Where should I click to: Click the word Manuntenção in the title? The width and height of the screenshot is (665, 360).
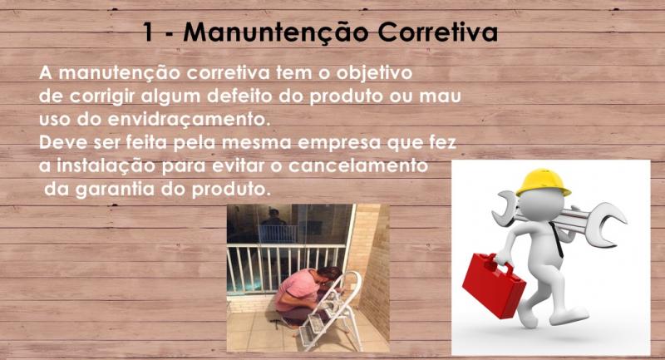[275, 32]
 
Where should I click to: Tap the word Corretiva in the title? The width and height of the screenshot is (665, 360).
[438, 32]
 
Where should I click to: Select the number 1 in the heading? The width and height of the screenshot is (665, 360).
[148, 32]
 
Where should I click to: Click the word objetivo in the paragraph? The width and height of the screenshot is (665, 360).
[375, 73]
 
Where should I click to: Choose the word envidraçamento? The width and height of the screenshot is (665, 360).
[189, 119]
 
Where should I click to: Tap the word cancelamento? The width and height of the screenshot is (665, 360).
[358, 165]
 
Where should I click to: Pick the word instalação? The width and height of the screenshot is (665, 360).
[106, 166]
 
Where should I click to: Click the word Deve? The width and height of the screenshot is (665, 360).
[63, 142]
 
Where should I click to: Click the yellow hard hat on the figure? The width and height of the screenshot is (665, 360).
[543, 182]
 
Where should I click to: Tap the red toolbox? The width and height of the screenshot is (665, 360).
[494, 285]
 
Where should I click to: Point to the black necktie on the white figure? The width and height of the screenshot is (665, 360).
[557, 239]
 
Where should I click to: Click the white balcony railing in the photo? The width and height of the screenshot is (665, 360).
[285, 267]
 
